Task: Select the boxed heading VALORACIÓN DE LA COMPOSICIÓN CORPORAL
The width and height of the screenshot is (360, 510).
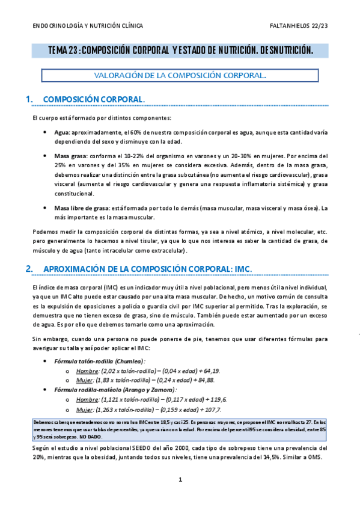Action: [180, 76]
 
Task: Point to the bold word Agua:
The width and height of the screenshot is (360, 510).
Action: [62, 132]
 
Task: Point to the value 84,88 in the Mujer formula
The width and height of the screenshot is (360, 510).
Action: [206, 380]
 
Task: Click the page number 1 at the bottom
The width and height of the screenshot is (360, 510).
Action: [180, 480]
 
